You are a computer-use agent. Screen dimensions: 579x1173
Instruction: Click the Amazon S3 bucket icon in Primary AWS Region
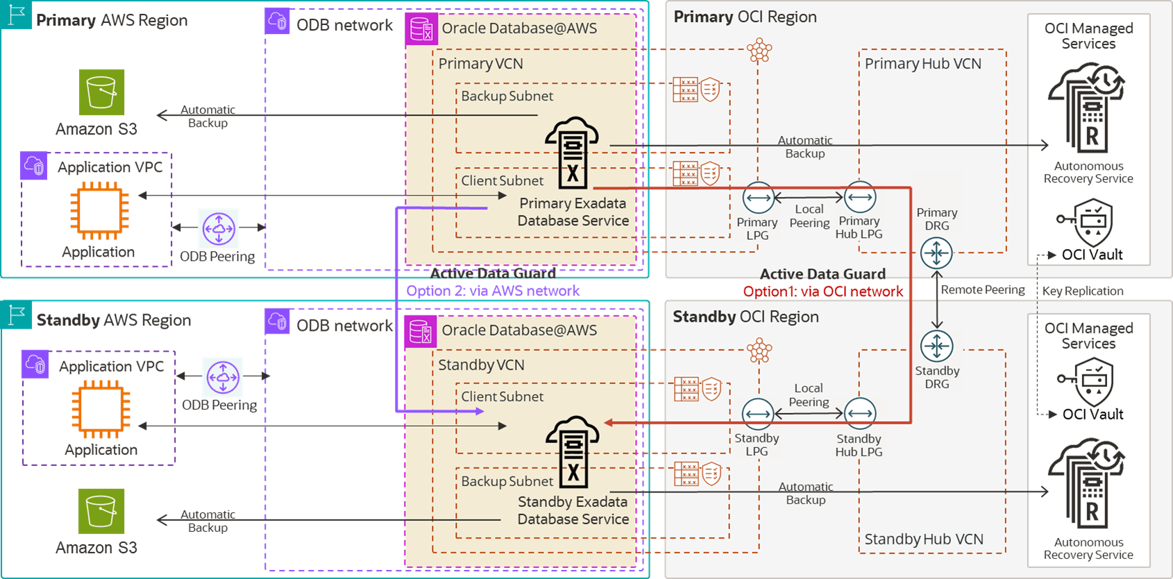[x=102, y=92]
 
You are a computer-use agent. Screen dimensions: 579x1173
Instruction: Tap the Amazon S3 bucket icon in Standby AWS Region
[x=102, y=511]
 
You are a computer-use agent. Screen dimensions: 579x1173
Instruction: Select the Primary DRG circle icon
[x=936, y=253]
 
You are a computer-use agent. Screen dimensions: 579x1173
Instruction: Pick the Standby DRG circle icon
[x=936, y=346]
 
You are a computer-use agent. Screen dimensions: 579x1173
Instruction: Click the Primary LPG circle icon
[x=758, y=198]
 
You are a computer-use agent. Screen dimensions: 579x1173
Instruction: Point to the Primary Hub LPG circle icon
[x=860, y=198]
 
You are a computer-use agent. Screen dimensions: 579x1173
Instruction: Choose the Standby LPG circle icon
[x=758, y=414]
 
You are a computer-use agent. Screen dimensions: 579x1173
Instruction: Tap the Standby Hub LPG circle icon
[x=860, y=413]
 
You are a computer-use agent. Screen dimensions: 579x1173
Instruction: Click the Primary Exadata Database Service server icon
[x=572, y=153]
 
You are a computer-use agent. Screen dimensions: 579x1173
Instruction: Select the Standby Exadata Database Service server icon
[x=573, y=452]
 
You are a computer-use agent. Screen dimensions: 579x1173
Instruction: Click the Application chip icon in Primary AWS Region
[x=99, y=211]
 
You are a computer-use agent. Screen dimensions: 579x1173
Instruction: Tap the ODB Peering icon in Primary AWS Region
[x=219, y=228]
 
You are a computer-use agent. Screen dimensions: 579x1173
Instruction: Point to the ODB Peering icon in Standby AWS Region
[x=223, y=377]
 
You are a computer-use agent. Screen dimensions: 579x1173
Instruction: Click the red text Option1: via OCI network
[x=823, y=292]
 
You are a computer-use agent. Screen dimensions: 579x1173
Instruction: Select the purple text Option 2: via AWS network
[x=493, y=291]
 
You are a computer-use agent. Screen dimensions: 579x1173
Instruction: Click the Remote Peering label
[x=983, y=290]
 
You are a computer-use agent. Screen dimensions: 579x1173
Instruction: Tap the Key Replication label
[x=1083, y=291]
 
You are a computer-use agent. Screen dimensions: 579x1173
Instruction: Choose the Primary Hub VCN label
[x=922, y=64]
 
